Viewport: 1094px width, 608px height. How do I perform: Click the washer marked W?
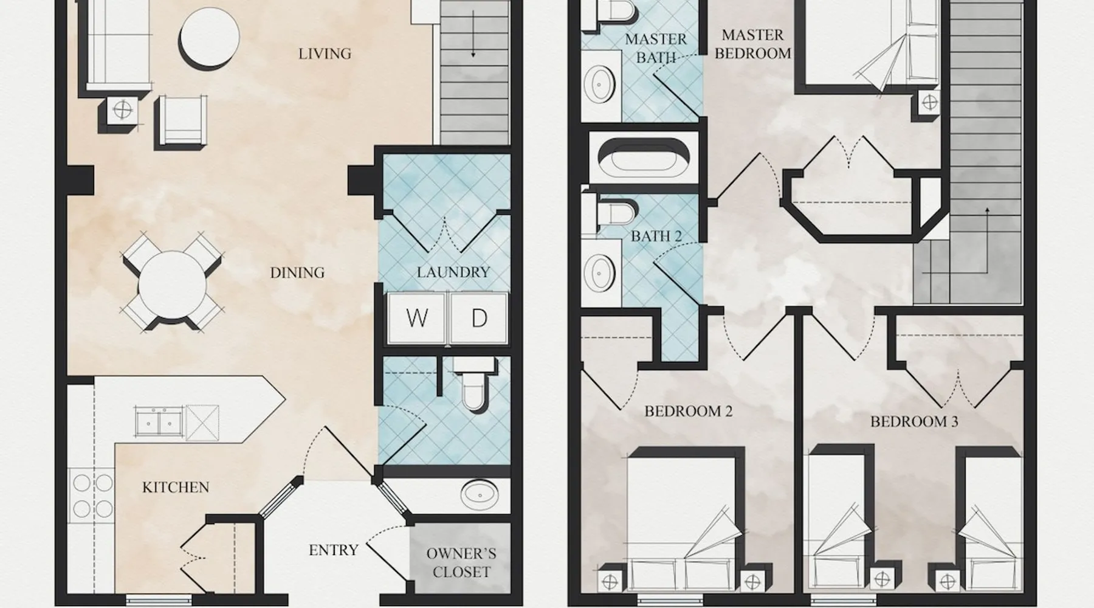pyautogui.click(x=417, y=318)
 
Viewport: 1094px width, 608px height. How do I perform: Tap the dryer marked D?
pyautogui.click(x=478, y=318)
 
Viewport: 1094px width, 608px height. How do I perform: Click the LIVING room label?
pyautogui.click(x=325, y=54)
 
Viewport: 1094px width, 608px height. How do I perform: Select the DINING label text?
pyautogui.click(x=297, y=272)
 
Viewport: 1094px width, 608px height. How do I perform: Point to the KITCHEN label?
pyautogui.click(x=176, y=487)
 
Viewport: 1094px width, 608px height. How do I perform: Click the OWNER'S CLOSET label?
pyautogui.click(x=461, y=562)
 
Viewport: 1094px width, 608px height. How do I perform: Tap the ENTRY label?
pyautogui.click(x=333, y=550)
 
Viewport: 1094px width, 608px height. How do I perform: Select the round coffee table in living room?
pyautogui.click(x=209, y=36)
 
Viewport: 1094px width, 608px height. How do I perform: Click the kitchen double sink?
pyautogui.click(x=159, y=420)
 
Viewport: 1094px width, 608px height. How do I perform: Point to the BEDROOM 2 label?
pyautogui.click(x=688, y=412)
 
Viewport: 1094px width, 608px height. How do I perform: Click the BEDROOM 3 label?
pyautogui.click(x=914, y=422)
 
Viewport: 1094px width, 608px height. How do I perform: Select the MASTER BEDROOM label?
pyautogui.click(x=753, y=44)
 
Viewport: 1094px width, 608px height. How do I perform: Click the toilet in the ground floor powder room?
pyautogui.click(x=473, y=384)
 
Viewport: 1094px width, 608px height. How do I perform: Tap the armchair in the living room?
pyautogui.click(x=181, y=122)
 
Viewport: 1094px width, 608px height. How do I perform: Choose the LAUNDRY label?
pyautogui.click(x=453, y=272)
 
